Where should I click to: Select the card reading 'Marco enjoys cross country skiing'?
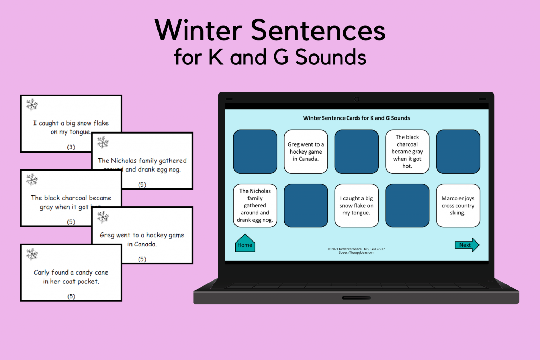click(x=458, y=206)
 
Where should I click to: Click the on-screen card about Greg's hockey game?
click(x=306, y=152)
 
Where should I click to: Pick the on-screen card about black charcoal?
click(x=407, y=152)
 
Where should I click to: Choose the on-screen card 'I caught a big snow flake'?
click(x=356, y=206)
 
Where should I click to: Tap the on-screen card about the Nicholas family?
click(x=255, y=206)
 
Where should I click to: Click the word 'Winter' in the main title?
click(x=199, y=31)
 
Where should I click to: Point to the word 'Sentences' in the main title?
click(x=318, y=31)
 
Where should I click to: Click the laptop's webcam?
click(x=356, y=99)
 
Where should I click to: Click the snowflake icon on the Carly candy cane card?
click(x=32, y=254)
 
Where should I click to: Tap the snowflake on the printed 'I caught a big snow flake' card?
click(x=32, y=104)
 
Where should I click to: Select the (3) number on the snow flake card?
click(x=71, y=147)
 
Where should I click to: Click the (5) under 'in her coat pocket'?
click(x=71, y=296)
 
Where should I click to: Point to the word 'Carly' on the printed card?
click(x=41, y=272)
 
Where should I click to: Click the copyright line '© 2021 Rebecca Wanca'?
click(x=356, y=249)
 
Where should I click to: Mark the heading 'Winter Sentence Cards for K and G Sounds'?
click(x=356, y=118)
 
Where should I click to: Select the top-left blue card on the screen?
click(x=255, y=152)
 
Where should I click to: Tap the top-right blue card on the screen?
click(x=458, y=152)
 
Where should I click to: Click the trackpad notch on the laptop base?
click(x=356, y=298)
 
